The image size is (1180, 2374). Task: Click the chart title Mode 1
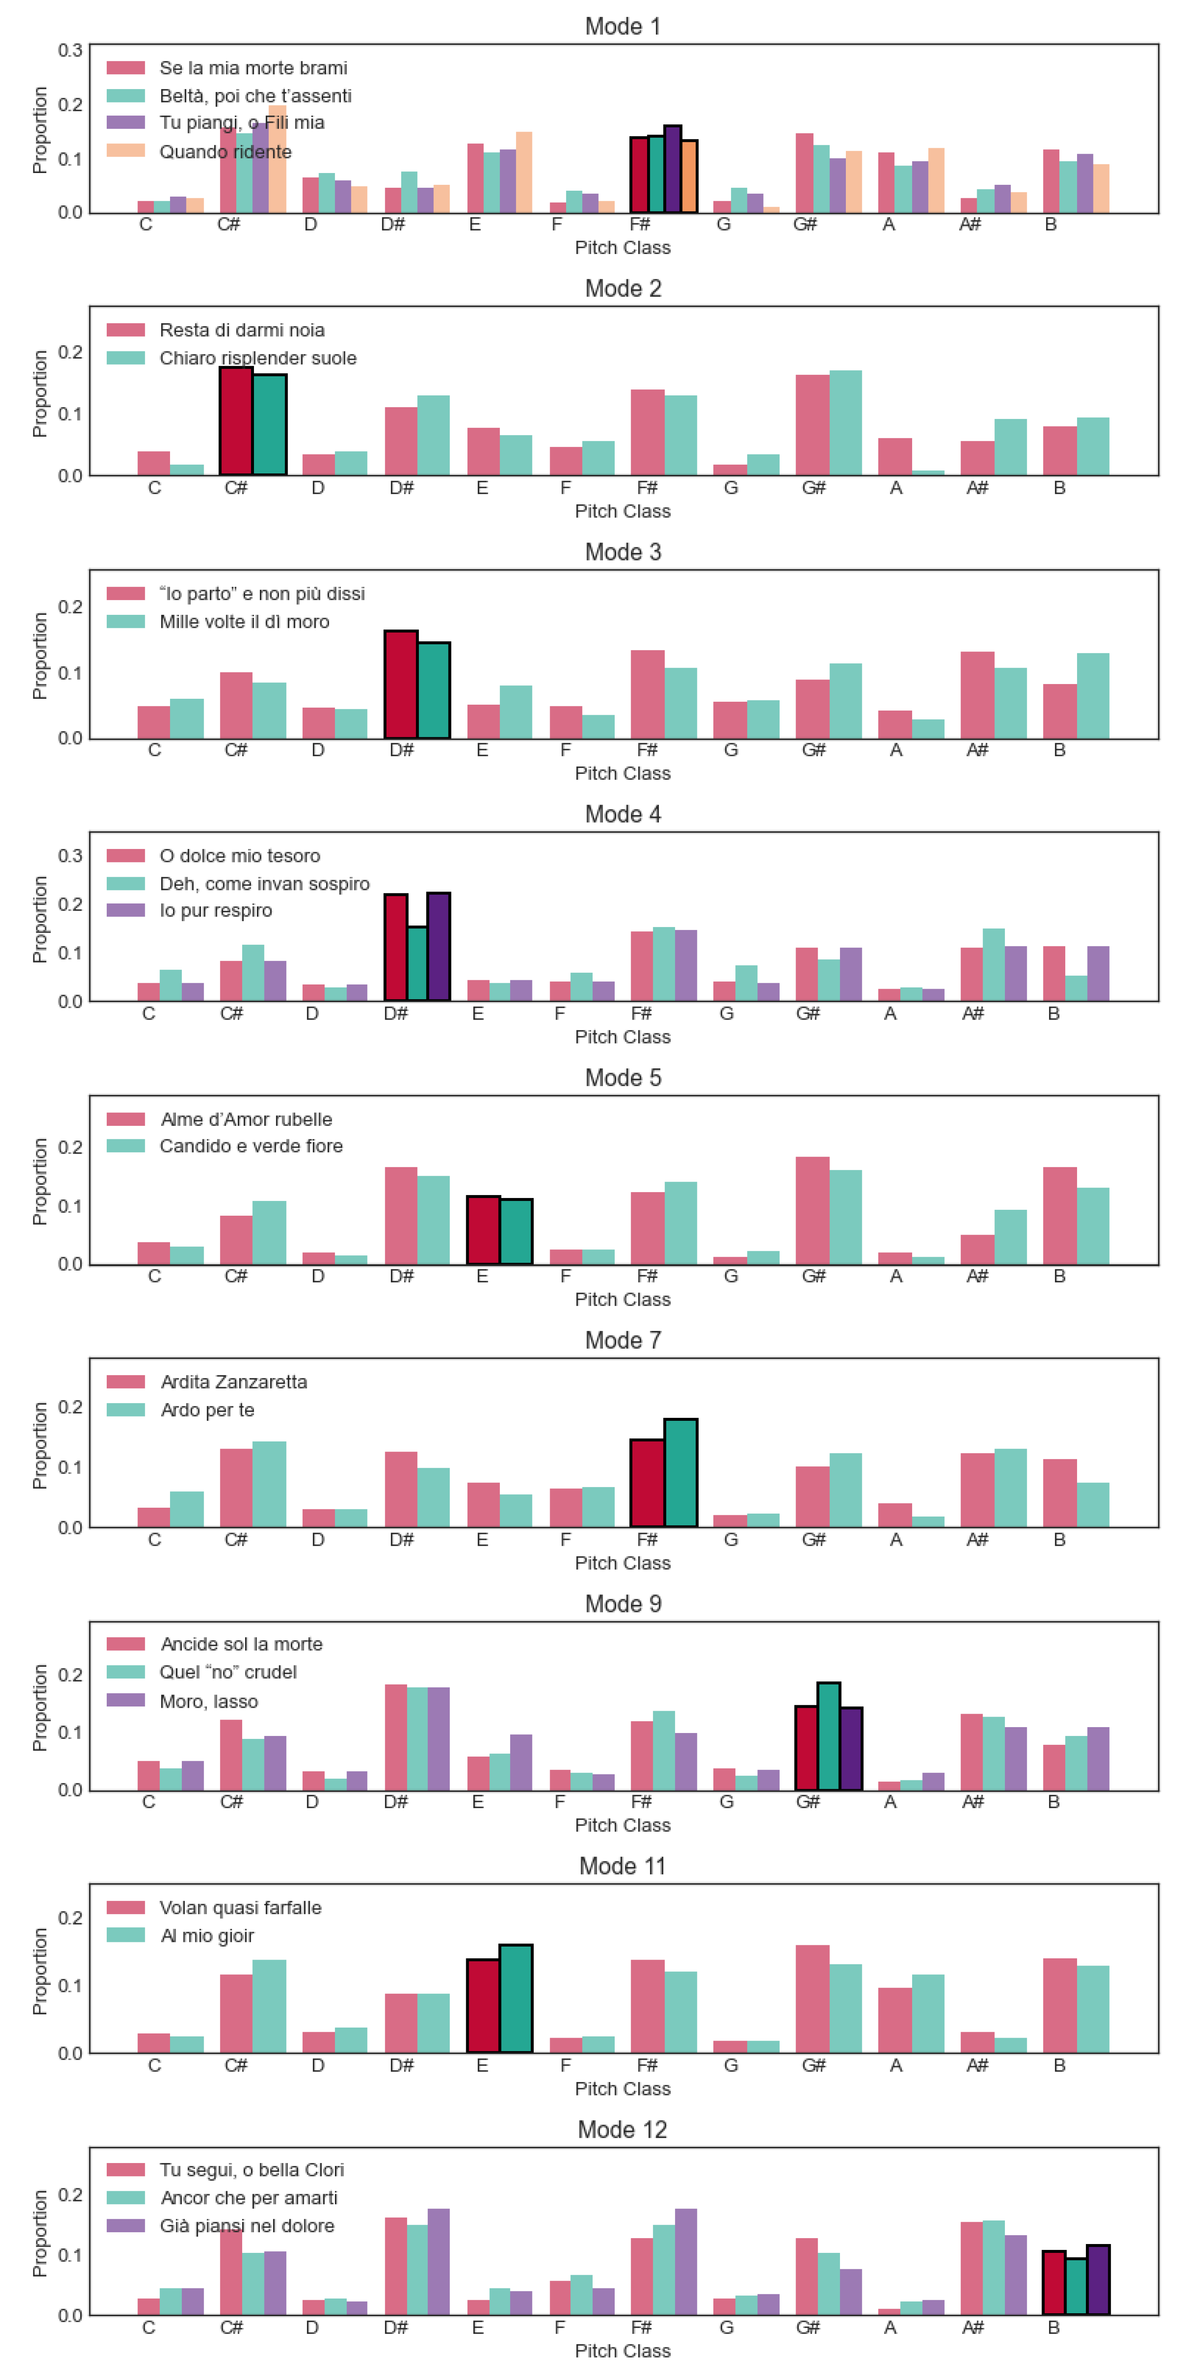(x=623, y=26)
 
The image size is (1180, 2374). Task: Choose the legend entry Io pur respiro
(x=216, y=911)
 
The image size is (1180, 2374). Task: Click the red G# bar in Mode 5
(x=813, y=1210)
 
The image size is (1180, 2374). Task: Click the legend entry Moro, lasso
(x=208, y=1701)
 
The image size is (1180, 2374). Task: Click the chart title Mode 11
(x=623, y=1866)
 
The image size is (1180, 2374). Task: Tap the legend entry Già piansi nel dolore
(x=247, y=2225)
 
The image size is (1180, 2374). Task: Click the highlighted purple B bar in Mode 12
(x=1098, y=2280)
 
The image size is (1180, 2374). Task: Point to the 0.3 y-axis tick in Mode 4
(x=70, y=856)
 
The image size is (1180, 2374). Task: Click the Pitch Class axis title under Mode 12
(x=623, y=2351)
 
